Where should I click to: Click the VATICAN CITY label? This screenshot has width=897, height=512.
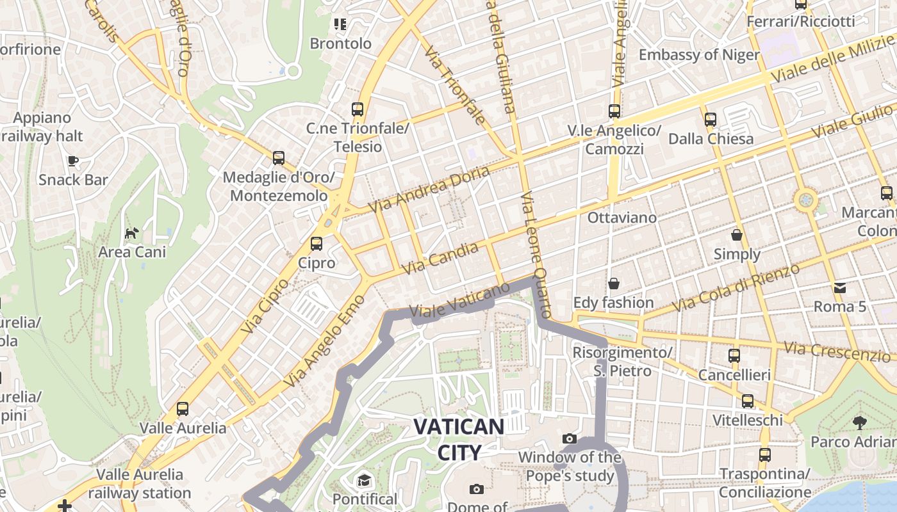pyautogui.click(x=459, y=439)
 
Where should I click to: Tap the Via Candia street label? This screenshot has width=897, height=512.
pyautogui.click(x=440, y=258)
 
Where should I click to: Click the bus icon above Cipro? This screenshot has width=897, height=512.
pyautogui.click(x=317, y=244)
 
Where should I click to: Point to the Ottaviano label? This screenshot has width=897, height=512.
pyautogui.click(x=622, y=218)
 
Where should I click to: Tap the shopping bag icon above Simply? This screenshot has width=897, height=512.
pyautogui.click(x=737, y=235)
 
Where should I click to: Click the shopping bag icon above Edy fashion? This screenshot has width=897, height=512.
pyautogui.click(x=614, y=283)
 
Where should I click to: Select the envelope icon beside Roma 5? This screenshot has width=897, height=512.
pyautogui.click(x=840, y=287)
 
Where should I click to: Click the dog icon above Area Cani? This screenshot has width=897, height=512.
pyautogui.click(x=131, y=233)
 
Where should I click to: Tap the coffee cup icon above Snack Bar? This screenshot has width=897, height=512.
pyautogui.click(x=73, y=161)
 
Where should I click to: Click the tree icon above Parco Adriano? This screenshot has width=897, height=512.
pyautogui.click(x=859, y=422)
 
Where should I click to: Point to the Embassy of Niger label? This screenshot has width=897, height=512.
pyautogui.click(x=699, y=54)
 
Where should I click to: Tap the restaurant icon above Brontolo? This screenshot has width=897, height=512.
pyautogui.click(x=340, y=24)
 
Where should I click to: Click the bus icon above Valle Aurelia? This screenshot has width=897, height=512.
pyautogui.click(x=183, y=408)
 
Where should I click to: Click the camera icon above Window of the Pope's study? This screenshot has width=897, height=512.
pyautogui.click(x=569, y=438)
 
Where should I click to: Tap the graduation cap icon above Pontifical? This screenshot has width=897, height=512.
pyautogui.click(x=364, y=480)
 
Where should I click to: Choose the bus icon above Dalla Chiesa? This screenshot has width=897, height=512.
pyautogui.click(x=711, y=119)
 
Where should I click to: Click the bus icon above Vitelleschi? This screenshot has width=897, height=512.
pyautogui.click(x=748, y=401)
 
